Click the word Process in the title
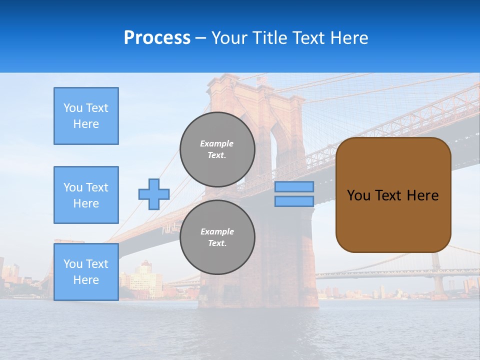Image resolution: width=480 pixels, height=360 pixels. tap(157, 38)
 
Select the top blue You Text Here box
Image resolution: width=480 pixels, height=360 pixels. tap(86, 116)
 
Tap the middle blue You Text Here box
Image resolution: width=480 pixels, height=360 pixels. tap(86, 195)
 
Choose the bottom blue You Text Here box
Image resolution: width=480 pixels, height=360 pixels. tap(86, 272)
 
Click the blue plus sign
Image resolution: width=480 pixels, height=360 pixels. tap(154, 194)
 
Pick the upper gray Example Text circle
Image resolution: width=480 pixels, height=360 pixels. tap(217, 149)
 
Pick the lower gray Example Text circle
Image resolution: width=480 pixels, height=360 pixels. tap(217, 237)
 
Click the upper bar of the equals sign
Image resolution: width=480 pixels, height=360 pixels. tap(294, 186)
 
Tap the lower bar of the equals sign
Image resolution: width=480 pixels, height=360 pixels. tap(294, 201)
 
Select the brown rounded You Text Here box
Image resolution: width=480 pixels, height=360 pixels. tap(393, 195)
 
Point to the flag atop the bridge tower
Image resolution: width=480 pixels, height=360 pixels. tap(261, 80)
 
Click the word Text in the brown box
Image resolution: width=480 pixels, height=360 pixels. tap(389, 195)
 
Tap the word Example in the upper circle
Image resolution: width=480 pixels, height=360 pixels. tap(217, 143)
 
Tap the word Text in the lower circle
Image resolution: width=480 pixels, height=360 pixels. tap(217, 243)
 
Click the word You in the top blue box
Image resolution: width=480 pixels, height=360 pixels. tap(72, 108)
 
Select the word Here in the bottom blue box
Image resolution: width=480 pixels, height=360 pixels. tap(86, 280)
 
